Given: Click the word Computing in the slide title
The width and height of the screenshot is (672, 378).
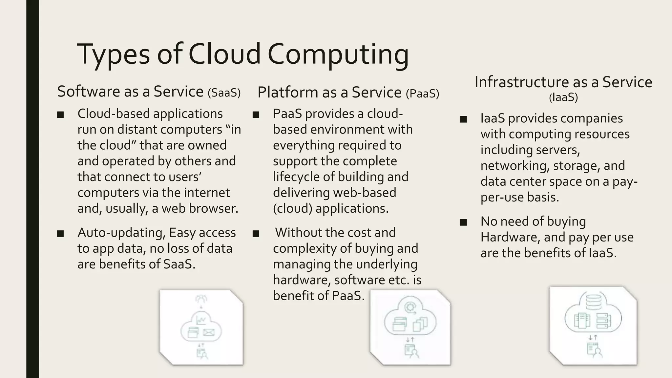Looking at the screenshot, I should [338, 54].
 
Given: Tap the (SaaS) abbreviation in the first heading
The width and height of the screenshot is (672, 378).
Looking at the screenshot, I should [224, 93].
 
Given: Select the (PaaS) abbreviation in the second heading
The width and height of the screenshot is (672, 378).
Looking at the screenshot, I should [422, 94].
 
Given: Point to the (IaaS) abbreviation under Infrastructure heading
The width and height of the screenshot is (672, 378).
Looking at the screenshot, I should [563, 97].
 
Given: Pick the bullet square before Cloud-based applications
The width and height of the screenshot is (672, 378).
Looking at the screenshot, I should [60, 115].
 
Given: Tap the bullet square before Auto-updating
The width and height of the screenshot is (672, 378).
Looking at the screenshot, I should [60, 234].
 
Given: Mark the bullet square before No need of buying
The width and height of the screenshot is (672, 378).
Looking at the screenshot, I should [463, 222].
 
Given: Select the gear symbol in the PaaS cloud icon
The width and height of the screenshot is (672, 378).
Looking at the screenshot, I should [409, 308].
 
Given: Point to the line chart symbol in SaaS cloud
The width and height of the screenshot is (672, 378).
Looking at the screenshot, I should [201, 320].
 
